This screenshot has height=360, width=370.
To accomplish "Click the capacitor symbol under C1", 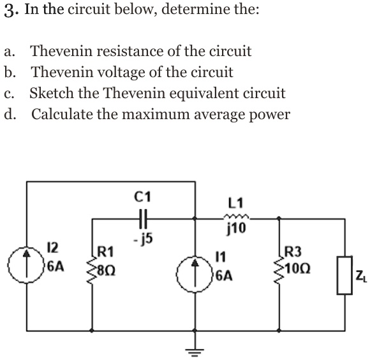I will [x=142, y=219].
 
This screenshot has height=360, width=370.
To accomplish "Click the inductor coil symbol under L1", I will [x=236, y=218].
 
